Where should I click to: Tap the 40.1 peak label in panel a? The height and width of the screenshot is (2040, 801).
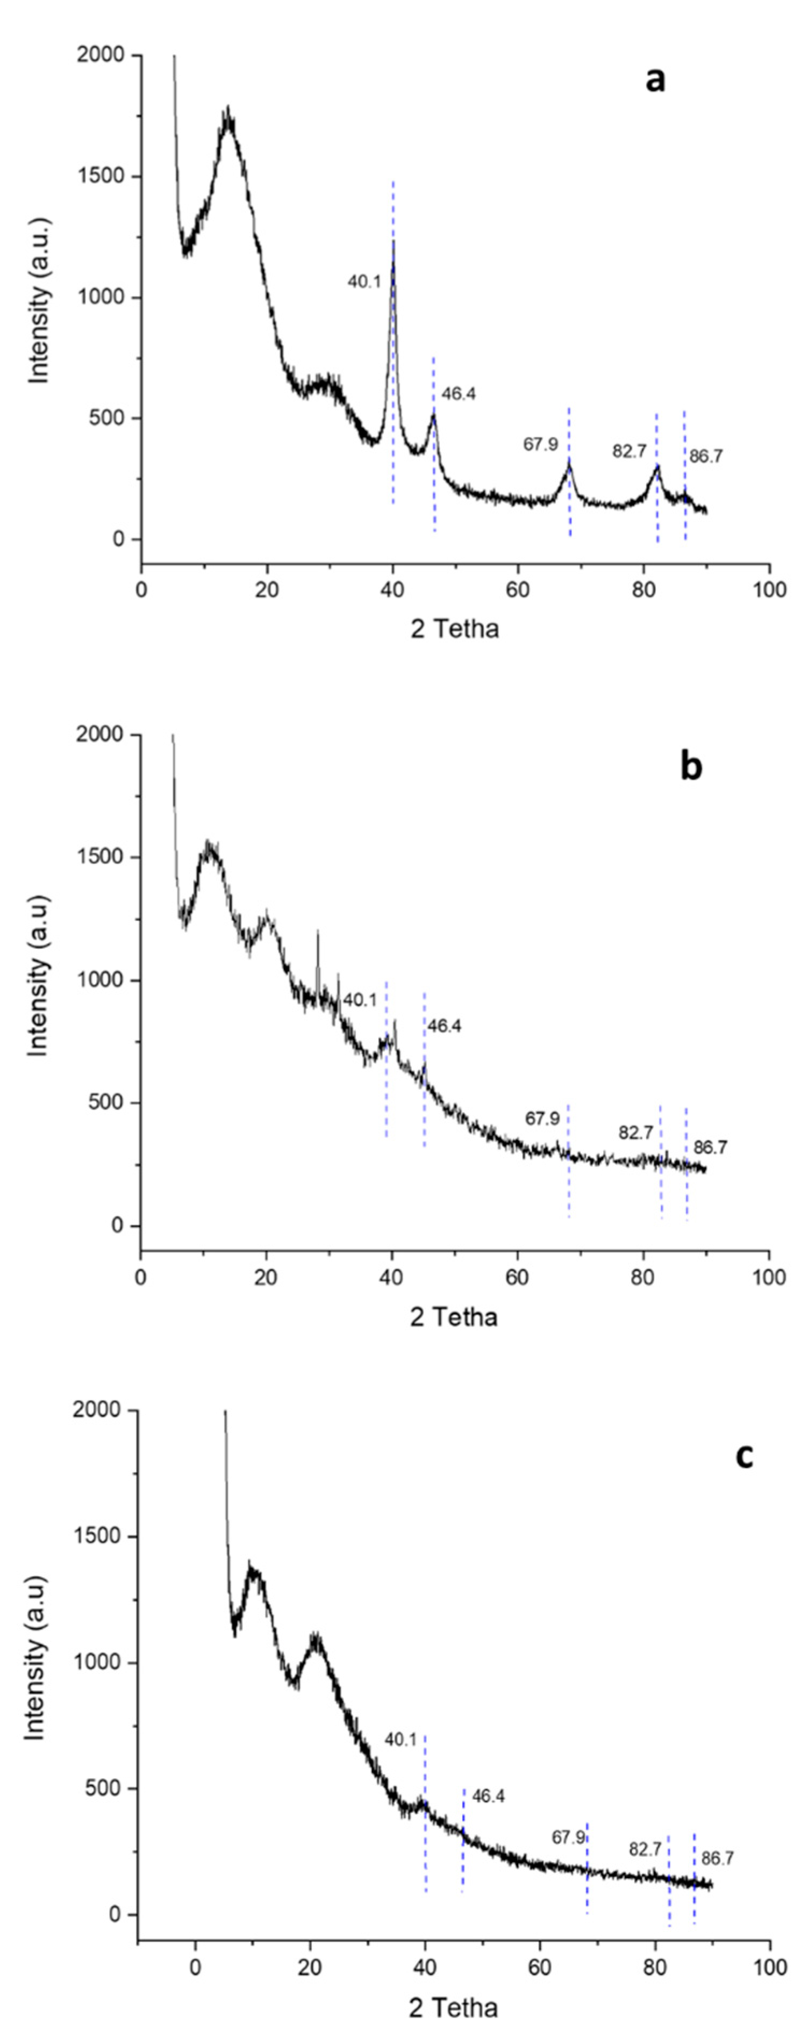point(364,281)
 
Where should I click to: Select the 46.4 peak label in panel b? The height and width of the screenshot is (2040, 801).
point(445,1026)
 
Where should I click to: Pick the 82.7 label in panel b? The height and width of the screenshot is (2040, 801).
point(635,1133)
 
